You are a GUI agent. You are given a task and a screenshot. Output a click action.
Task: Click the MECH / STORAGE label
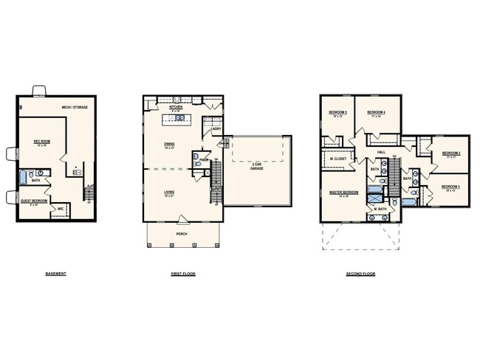(75, 108)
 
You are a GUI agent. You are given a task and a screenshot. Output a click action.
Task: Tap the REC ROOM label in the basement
(41, 141)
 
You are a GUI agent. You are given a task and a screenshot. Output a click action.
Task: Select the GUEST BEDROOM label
(34, 201)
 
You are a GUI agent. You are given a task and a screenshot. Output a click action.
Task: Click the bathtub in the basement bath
(22, 177)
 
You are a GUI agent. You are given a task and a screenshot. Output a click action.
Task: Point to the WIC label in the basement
(61, 209)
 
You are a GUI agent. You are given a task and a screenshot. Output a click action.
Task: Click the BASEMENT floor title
(55, 274)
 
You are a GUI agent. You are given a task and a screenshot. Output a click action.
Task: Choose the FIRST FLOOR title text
(182, 274)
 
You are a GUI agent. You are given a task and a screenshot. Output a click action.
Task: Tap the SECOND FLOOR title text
(360, 274)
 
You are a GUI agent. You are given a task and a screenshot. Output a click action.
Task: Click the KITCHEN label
(176, 108)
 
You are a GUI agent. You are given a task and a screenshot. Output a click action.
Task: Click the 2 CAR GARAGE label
(256, 167)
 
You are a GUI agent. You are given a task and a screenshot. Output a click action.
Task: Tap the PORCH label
(182, 234)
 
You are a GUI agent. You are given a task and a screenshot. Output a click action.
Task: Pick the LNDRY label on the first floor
(216, 130)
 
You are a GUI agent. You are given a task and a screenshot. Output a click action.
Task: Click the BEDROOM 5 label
(337, 112)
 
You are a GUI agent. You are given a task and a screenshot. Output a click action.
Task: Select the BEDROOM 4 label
(379, 112)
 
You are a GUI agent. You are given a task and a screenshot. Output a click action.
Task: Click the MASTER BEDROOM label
(345, 193)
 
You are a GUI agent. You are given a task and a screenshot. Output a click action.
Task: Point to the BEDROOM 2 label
(451, 153)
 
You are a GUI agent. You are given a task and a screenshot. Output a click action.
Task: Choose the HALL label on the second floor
(381, 153)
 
